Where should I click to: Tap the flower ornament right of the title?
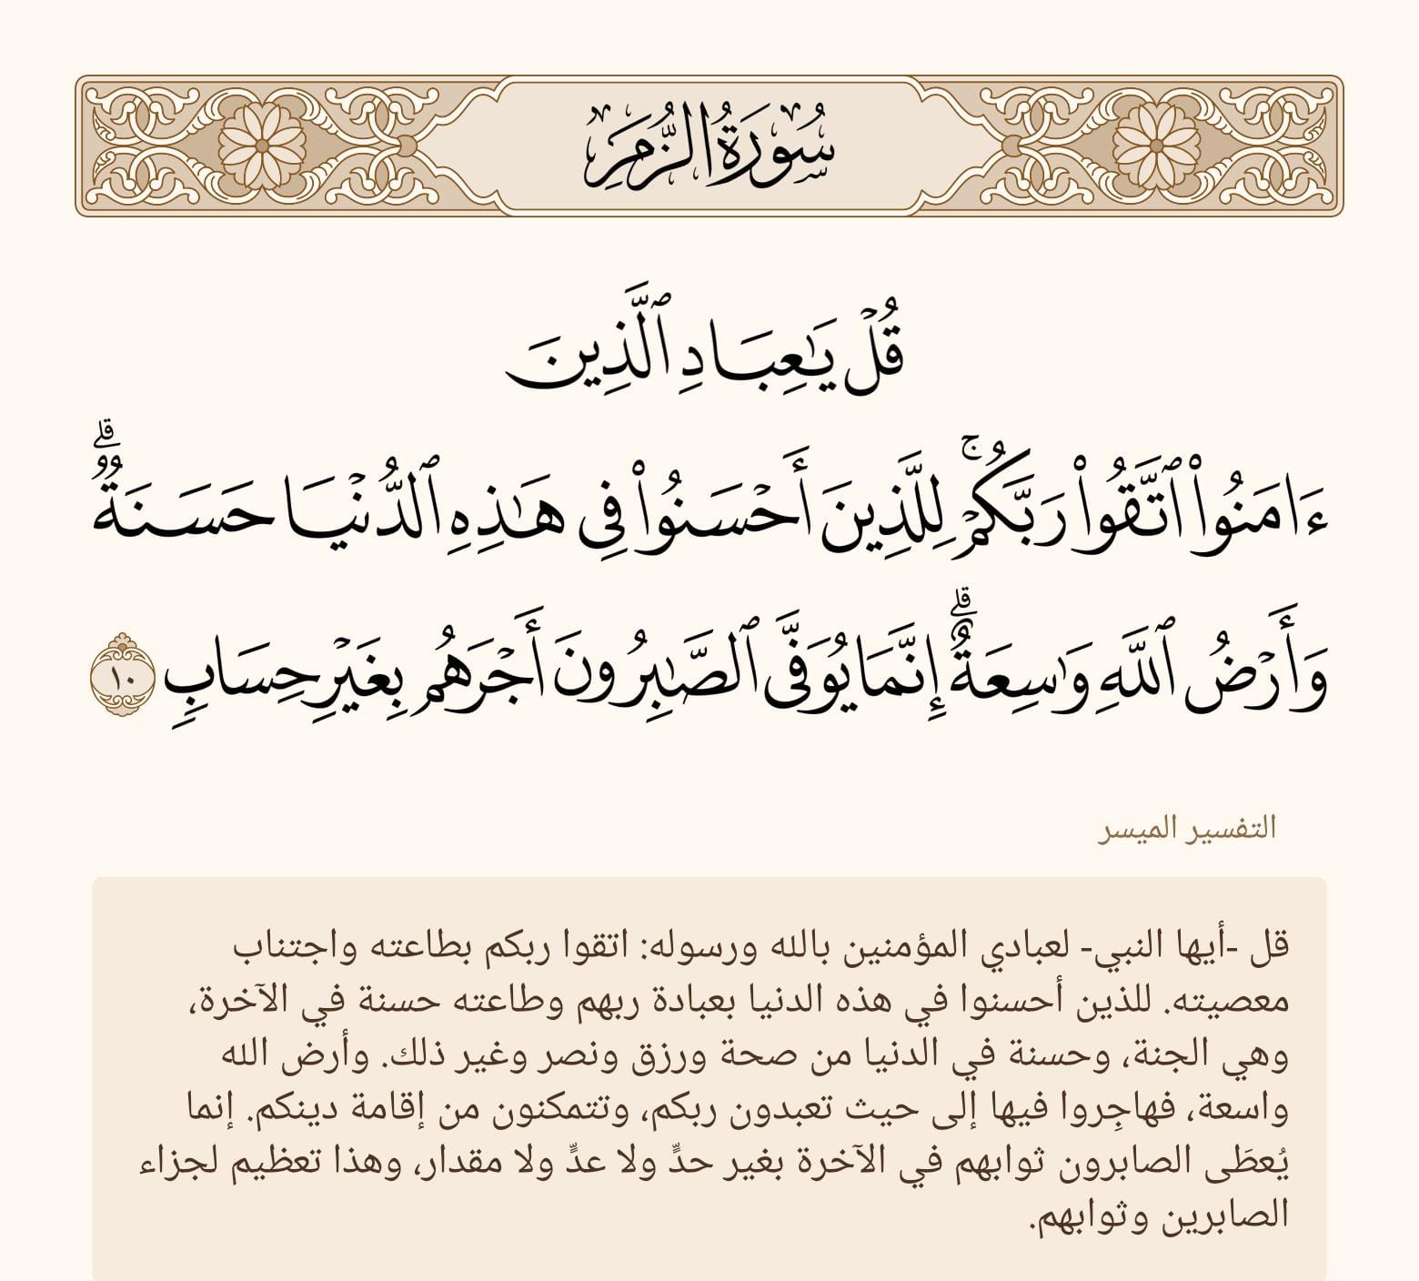coord(1156,146)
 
